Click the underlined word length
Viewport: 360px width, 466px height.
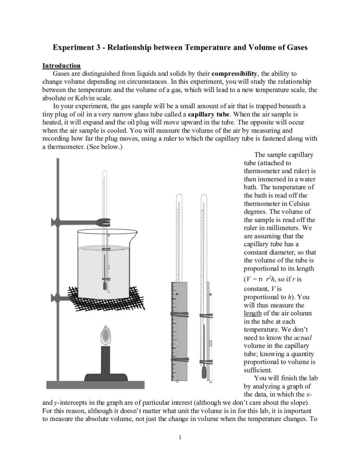click(x=252, y=314)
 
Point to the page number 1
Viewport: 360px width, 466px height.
click(x=180, y=438)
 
